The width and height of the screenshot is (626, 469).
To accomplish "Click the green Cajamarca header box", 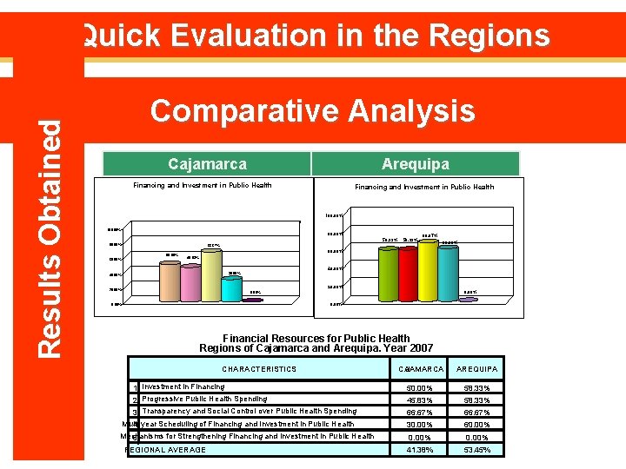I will click(207, 164).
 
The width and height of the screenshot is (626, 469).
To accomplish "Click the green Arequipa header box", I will click(415, 164).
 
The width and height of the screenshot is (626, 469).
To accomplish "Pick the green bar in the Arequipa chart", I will click(386, 274).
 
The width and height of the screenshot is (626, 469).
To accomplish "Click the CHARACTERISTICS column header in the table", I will click(259, 369).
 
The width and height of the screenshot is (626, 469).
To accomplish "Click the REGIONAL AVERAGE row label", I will click(166, 450).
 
